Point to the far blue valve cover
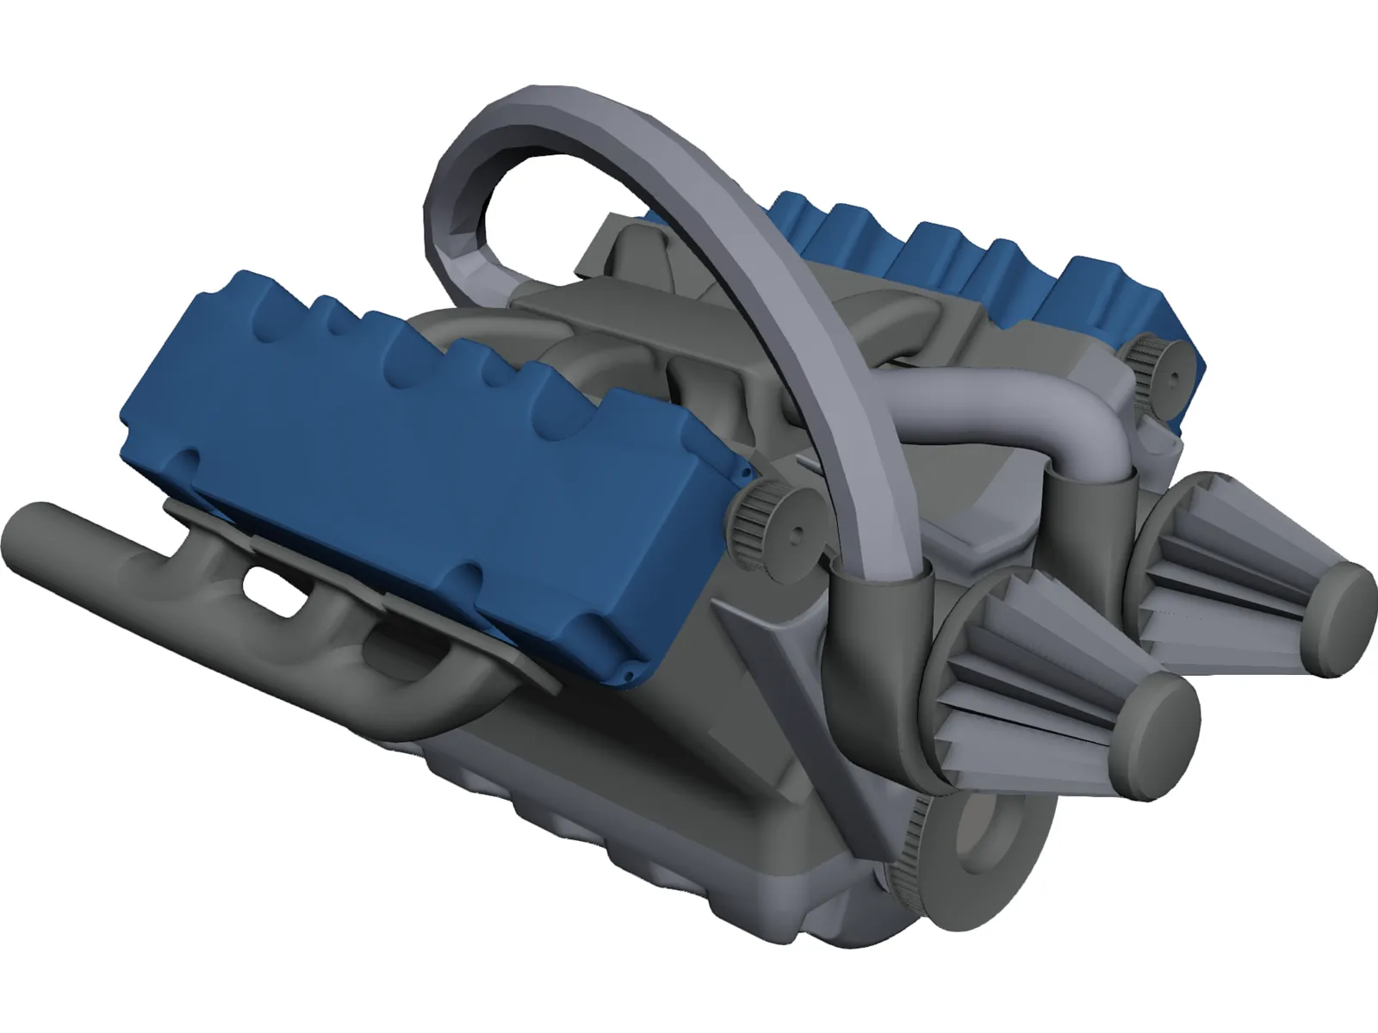[973, 250]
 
